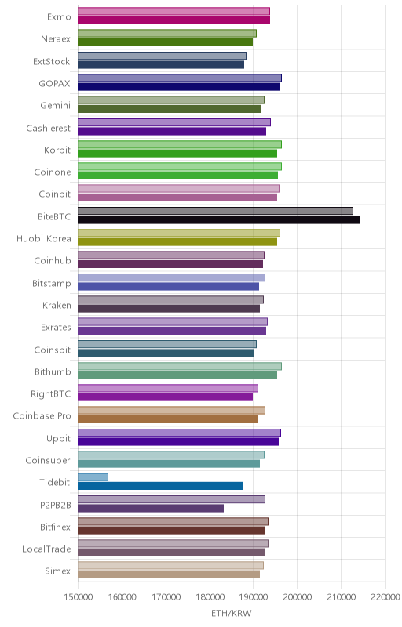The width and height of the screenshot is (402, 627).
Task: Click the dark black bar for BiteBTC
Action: (218, 219)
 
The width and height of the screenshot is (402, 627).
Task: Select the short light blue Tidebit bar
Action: (93, 477)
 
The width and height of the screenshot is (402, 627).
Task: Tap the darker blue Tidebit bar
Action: (160, 486)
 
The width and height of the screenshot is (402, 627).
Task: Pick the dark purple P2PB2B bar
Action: (151, 508)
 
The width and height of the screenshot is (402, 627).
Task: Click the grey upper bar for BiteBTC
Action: (215, 211)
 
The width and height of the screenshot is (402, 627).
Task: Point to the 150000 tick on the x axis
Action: (78, 597)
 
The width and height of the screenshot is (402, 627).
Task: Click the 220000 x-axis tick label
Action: (385, 597)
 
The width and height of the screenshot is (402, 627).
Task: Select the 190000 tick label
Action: (253, 597)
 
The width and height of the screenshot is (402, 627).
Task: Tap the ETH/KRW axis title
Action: (232, 614)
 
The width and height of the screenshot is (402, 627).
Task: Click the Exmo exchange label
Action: (59, 16)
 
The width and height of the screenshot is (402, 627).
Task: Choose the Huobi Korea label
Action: (44, 239)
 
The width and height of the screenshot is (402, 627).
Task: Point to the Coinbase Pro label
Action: (42, 416)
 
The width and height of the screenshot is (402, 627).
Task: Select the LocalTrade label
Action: (46, 549)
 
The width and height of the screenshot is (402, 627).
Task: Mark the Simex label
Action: (57, 571)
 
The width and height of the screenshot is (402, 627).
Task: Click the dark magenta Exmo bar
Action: (174, 20)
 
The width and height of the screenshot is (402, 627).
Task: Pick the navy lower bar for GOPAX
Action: (178, 87)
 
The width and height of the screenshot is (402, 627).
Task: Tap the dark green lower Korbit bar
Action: (177, 153)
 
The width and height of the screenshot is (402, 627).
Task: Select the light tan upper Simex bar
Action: (170, 565)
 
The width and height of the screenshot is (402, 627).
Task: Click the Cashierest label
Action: (49, 128)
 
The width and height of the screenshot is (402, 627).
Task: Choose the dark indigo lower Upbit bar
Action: (178, 441)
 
